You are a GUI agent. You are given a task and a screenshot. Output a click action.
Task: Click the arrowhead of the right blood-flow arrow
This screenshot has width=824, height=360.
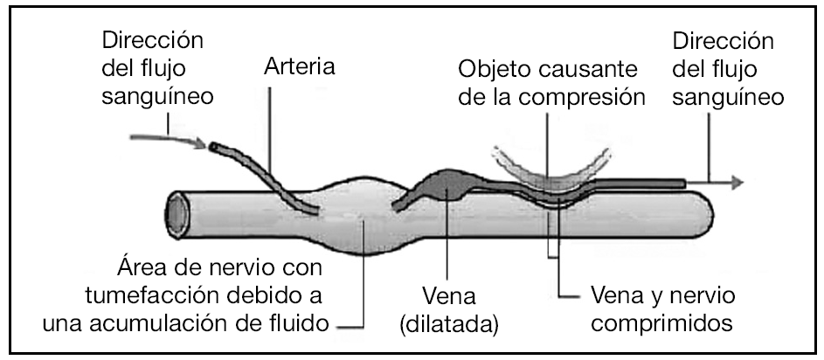tap(737, 183)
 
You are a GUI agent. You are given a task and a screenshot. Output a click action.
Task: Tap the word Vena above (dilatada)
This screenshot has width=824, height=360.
tap(446, 294)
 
